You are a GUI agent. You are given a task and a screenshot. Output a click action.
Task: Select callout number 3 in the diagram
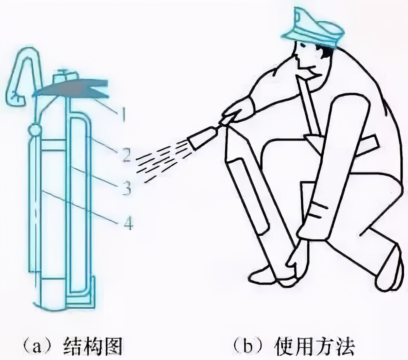click(x=126, y=188)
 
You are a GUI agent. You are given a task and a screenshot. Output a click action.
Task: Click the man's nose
click(x=296, y=56)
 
